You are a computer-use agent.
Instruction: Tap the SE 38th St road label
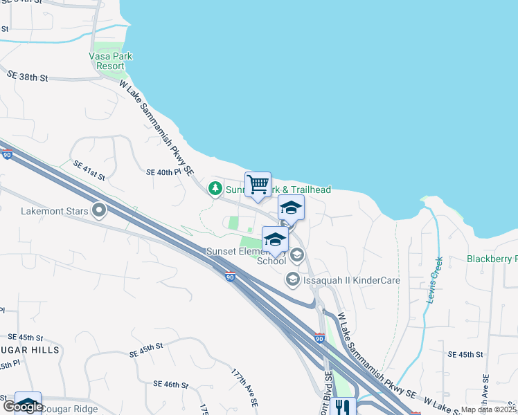point(28,75)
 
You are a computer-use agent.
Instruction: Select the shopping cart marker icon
point(258,185)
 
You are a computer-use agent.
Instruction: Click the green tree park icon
point(215,188)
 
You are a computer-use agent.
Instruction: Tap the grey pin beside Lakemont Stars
point(99,209)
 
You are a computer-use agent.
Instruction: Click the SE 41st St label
point(89,171)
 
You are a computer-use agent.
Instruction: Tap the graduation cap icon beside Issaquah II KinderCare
point(292,279)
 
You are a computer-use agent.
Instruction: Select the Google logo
point(23,407)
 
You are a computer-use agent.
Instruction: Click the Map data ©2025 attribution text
point(489,409)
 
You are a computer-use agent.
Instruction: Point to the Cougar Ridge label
point(69,408)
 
